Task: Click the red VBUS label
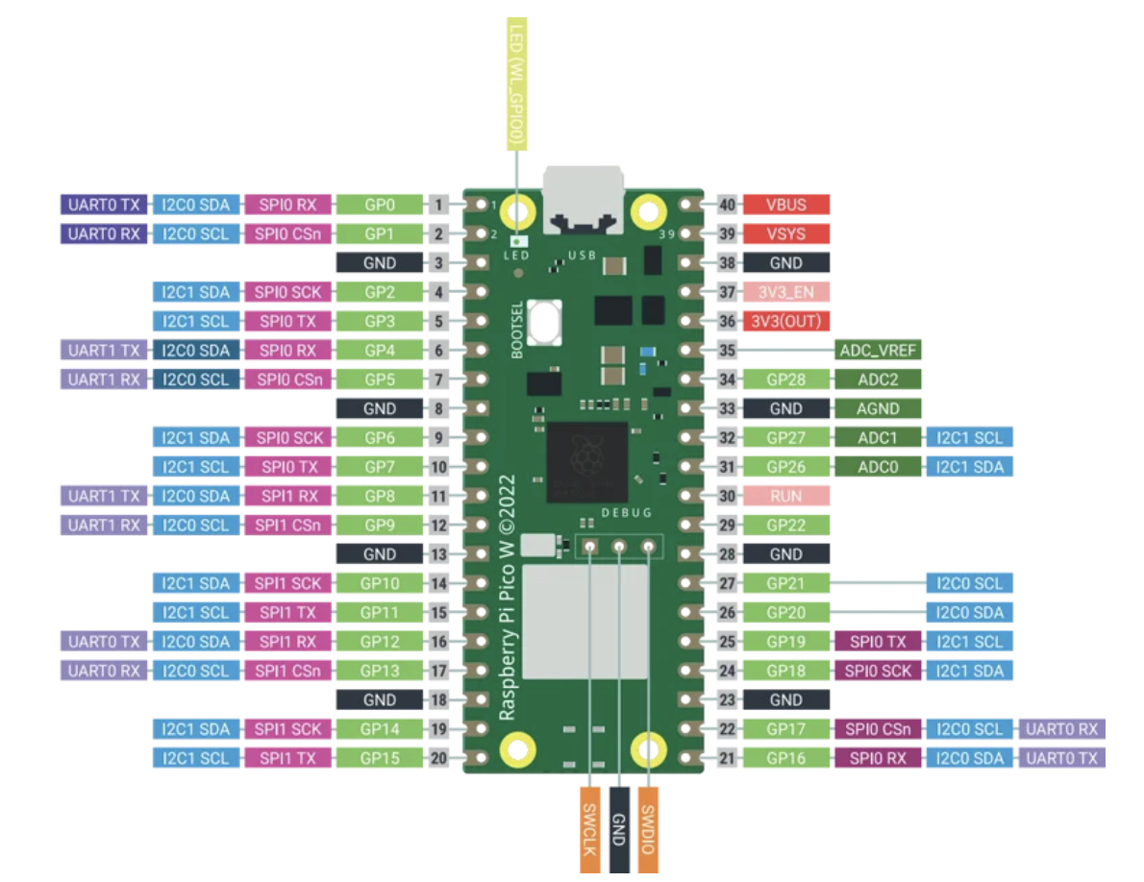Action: pos(785,205)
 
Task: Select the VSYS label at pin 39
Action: pos(785,233)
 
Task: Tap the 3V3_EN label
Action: pos(785,292)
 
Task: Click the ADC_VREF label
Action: pos(878,350)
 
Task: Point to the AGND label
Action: pos(878,408)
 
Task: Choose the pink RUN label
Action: pos(785,496)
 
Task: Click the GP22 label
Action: pos(785,525)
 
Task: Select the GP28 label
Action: pos(785,380)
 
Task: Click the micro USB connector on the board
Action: pos(583,202)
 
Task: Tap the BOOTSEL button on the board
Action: pos(545,322)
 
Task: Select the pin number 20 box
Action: pos(438,758)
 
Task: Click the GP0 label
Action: pos(380,205)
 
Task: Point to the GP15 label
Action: pos(380,758)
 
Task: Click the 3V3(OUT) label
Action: pos(785,321)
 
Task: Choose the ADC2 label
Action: pos(878,380)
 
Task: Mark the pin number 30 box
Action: pos(727,496)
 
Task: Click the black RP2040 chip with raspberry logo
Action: pos(586,462)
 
